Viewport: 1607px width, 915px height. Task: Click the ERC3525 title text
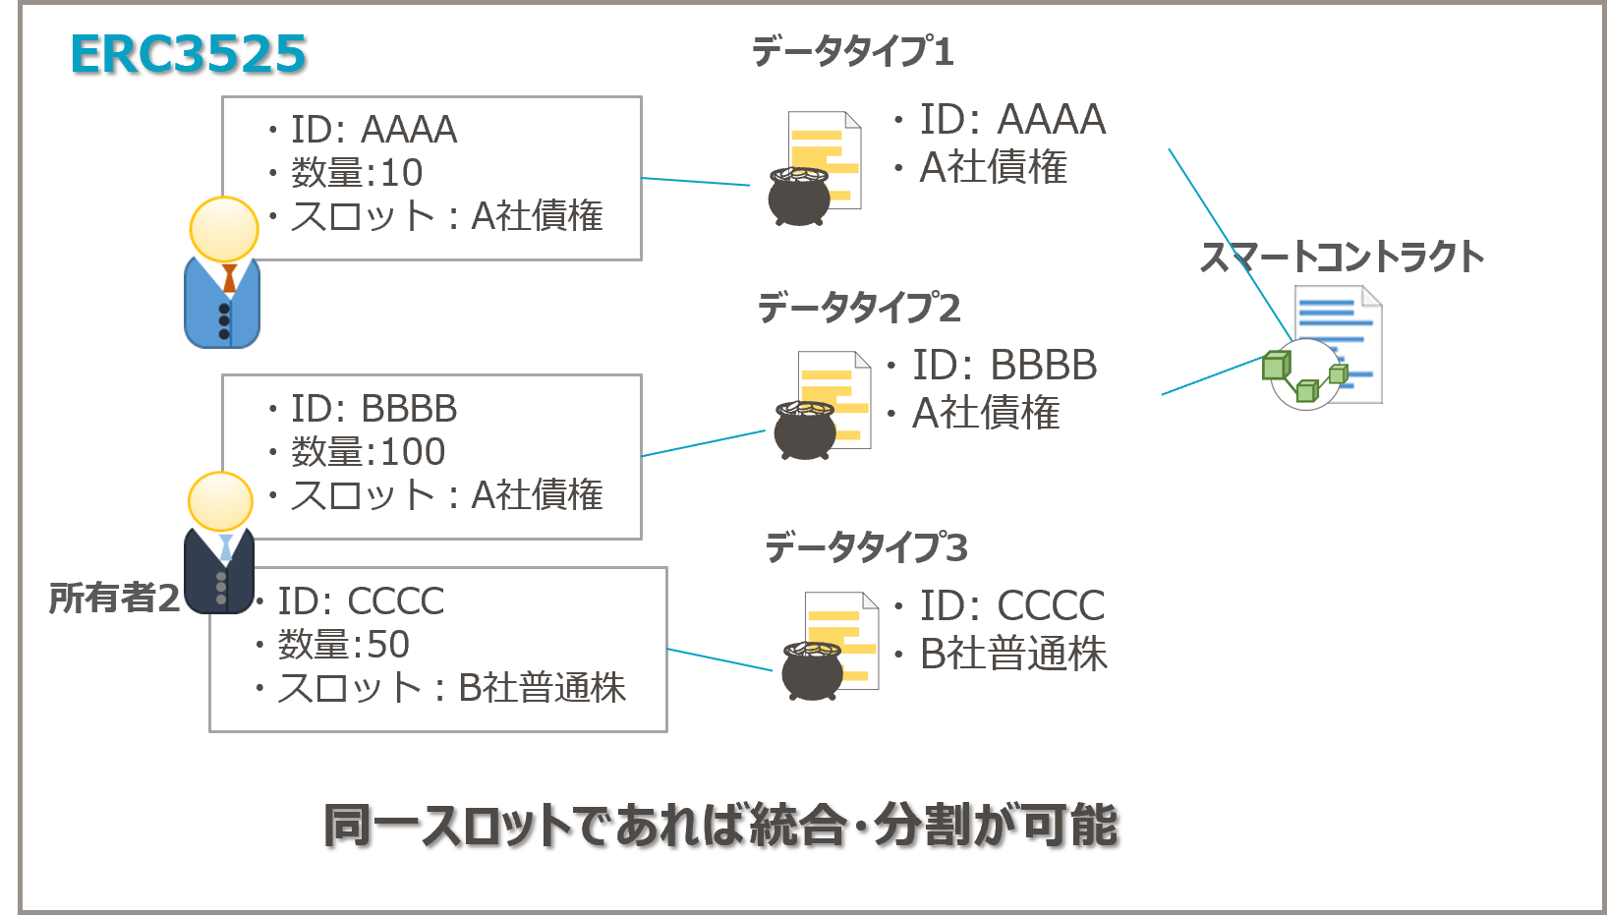188,54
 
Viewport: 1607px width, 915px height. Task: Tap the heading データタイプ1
852,51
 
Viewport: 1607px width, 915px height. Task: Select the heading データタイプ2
858,308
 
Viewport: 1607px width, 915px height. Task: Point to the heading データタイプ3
866,546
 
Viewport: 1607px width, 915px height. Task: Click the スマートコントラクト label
1342,257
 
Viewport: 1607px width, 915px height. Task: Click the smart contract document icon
1333,346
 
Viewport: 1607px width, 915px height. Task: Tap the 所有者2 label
114,598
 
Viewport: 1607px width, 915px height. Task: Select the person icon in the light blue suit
223,275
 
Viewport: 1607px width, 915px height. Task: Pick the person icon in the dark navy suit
220,545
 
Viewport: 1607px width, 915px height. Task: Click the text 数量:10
357,173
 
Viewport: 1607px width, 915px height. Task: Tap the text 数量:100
368,452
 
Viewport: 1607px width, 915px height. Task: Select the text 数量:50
344,645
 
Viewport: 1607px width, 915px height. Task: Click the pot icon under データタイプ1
799,196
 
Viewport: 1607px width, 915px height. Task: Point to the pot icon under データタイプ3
813,669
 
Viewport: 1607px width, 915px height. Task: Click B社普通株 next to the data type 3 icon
1012,655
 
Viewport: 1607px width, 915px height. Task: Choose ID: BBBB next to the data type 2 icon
1004,366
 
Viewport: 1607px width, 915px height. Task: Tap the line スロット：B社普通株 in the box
451,688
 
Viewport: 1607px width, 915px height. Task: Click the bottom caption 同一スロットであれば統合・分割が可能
720,826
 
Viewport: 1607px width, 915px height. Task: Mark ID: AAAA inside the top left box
373,130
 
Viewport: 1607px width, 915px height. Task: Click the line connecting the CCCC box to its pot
719,659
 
